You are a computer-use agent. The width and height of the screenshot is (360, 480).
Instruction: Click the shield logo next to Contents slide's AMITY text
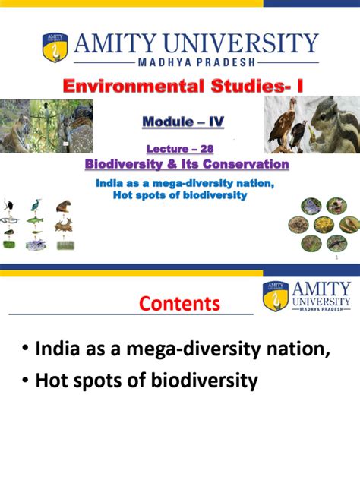(x=275, y=295)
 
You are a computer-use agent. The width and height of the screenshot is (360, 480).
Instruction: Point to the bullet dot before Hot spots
(x=26, y=381)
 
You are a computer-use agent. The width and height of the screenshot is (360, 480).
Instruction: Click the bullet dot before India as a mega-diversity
(x=26, y=349)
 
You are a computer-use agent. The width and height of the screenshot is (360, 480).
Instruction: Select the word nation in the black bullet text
(x=298, y=348)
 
